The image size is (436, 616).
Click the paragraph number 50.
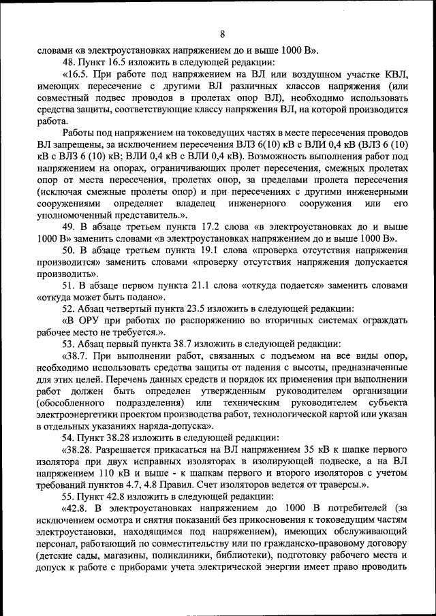coord(68,250)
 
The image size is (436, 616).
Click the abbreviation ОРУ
coord(92,320)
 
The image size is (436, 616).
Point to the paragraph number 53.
coord(68,344)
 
